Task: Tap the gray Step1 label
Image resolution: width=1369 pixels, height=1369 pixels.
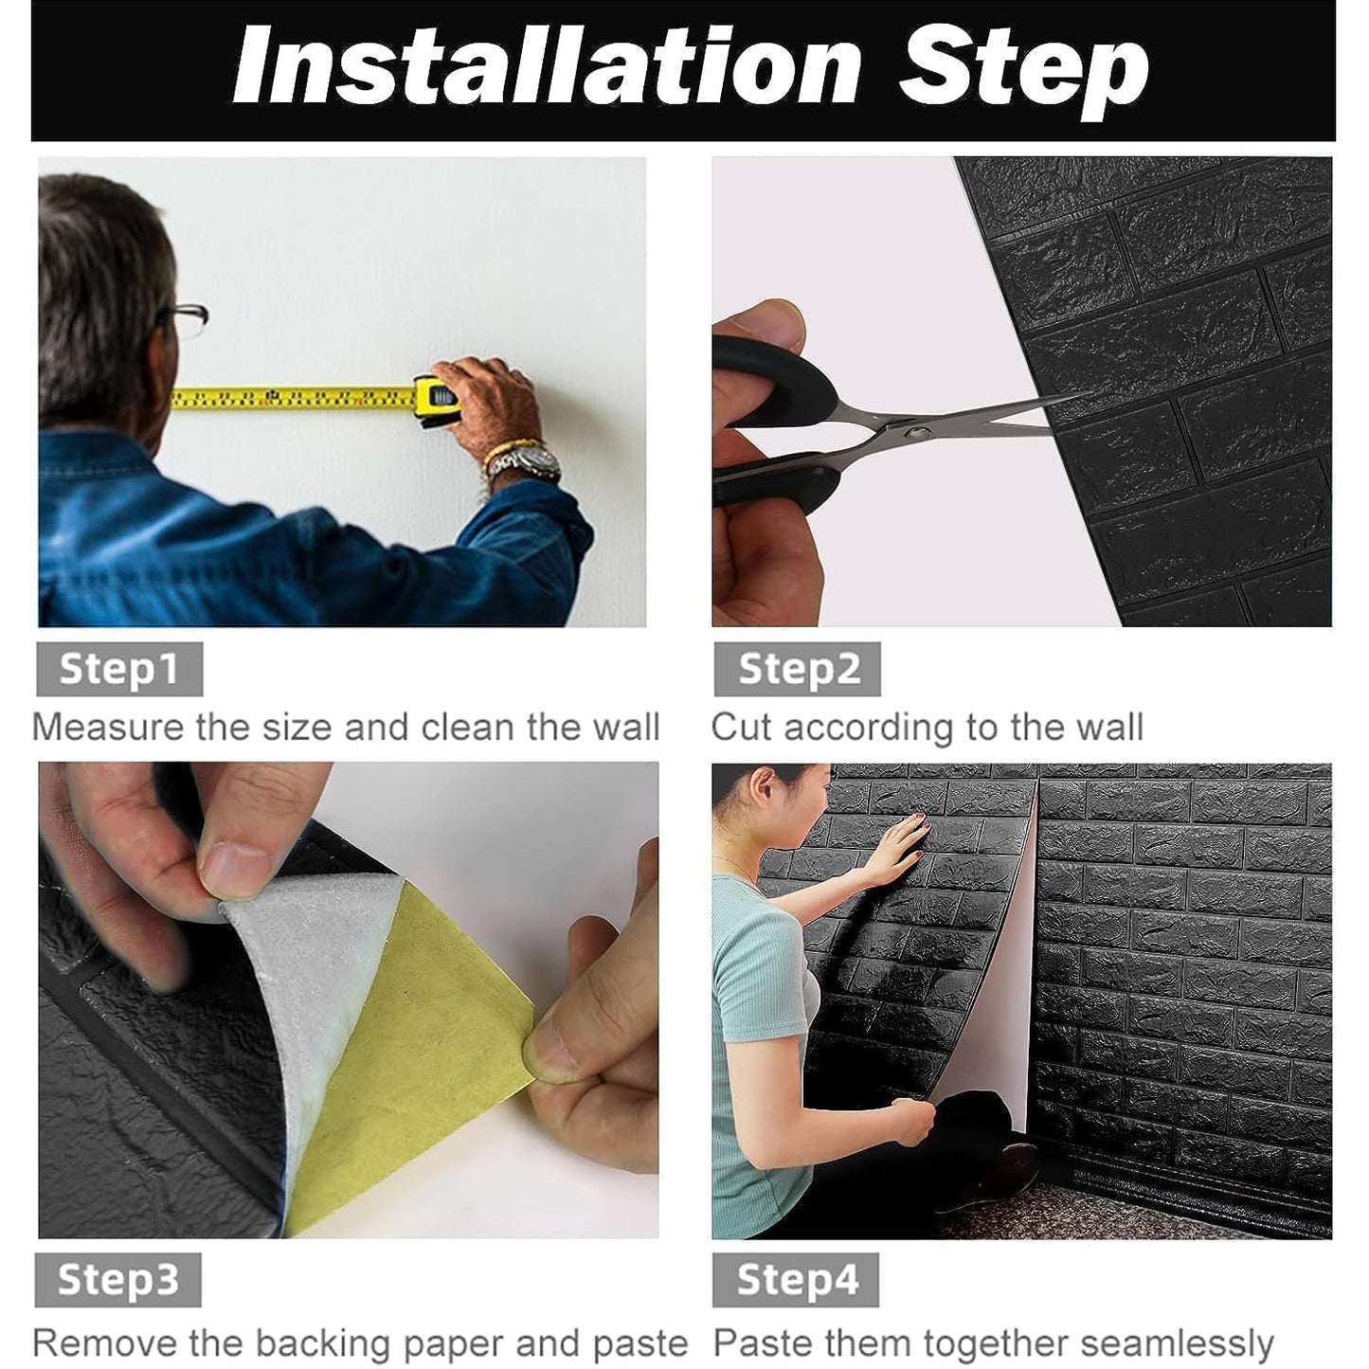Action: point(119,669)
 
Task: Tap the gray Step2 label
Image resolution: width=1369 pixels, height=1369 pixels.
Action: point(798,669)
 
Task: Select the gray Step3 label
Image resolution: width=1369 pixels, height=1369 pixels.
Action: point(118,1280)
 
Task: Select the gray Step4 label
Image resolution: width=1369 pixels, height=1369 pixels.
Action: point(796,1280)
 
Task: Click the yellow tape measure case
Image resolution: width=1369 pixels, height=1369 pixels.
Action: point(437,400)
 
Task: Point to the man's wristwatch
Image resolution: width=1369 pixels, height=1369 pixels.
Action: point(535,462)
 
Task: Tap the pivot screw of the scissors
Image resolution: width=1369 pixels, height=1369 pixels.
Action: point(916,432)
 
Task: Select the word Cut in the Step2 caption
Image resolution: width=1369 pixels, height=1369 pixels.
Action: point(742,728)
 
